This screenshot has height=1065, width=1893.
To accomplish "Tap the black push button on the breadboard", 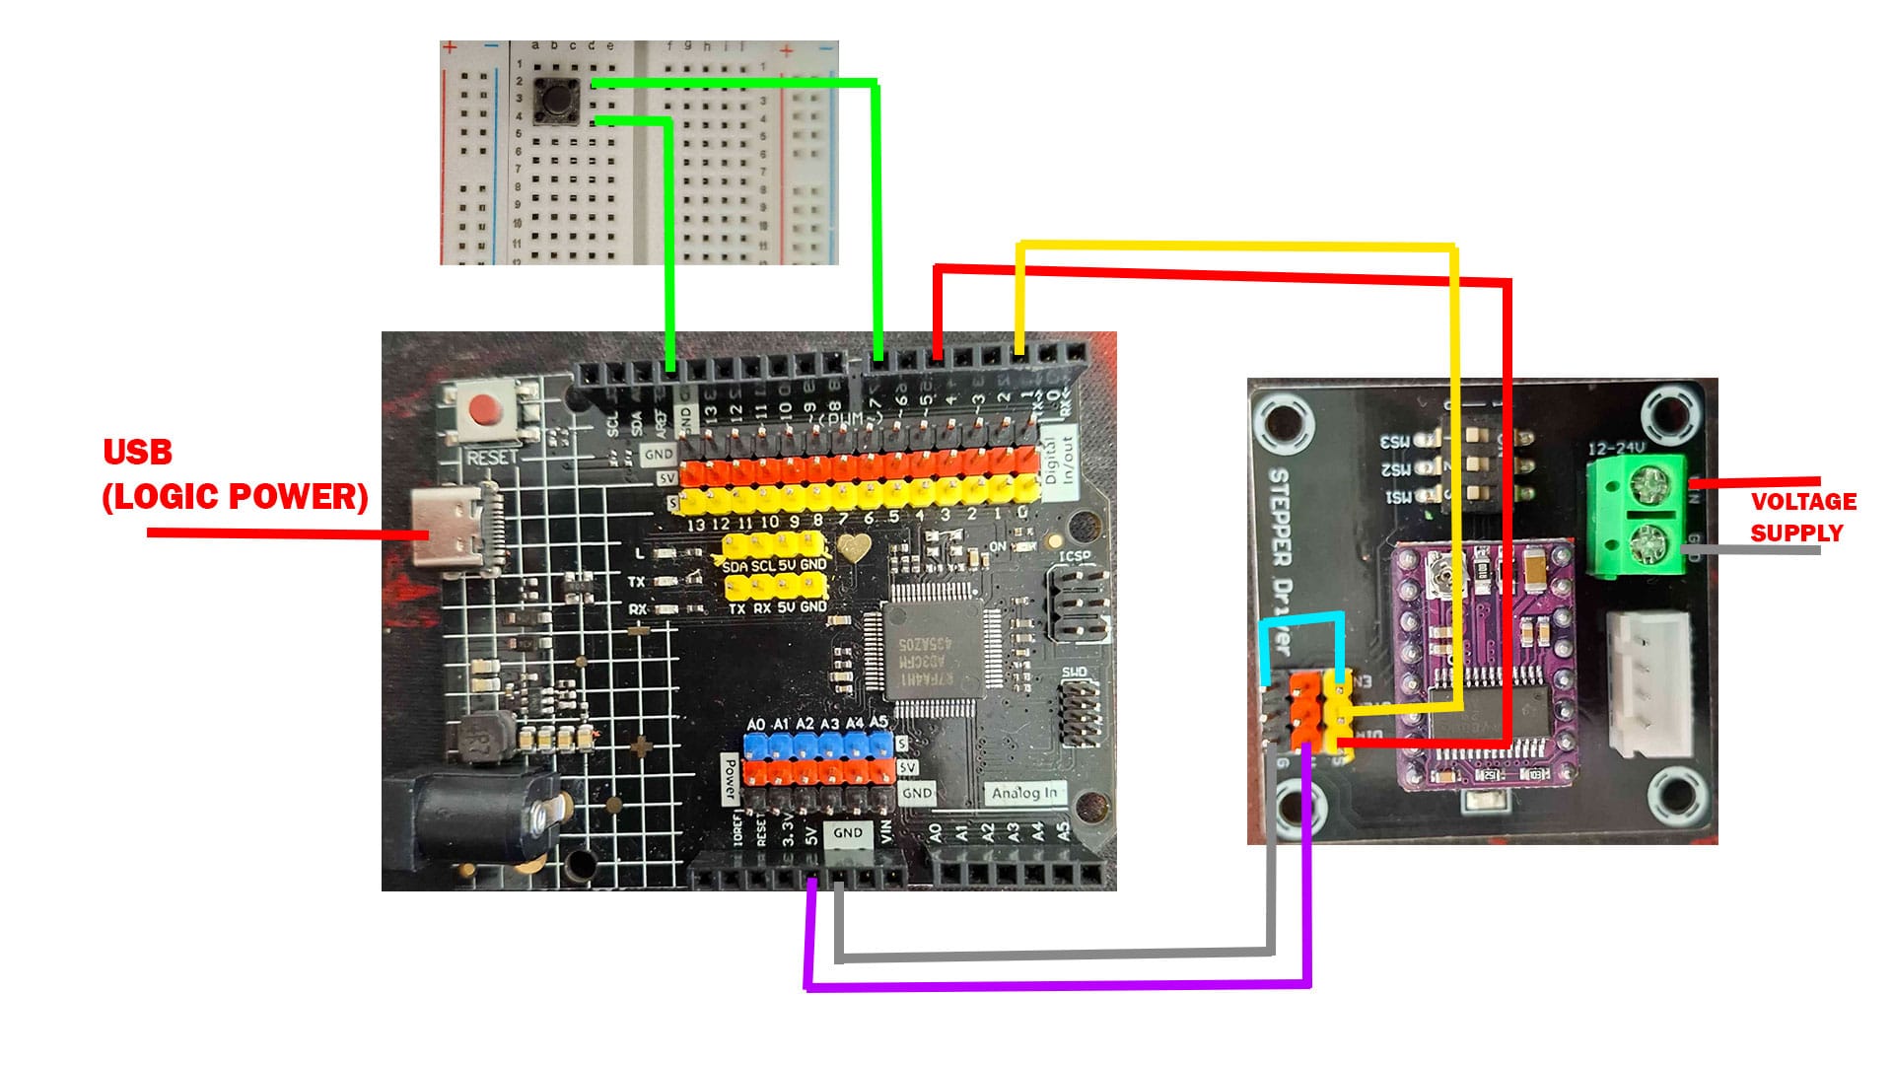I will point(554,100).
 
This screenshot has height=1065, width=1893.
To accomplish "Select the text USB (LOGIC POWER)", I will point(235,475).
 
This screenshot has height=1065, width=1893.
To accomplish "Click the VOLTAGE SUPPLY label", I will point(1803,517).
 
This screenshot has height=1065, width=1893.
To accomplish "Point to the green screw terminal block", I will point(1637,515).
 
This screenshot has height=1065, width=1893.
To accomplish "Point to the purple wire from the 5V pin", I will point(1055,984).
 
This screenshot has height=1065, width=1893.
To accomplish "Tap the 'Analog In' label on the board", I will point(1023,793).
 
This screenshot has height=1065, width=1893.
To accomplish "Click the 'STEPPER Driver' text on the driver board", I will point(1279,557).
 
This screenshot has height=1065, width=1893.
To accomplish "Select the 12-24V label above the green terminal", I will point(1616,448).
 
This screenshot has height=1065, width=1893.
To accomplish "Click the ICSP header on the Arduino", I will point(1079,602).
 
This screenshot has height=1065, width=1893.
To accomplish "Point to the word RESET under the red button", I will point(492,458).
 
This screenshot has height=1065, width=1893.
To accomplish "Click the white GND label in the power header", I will point(847,833).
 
